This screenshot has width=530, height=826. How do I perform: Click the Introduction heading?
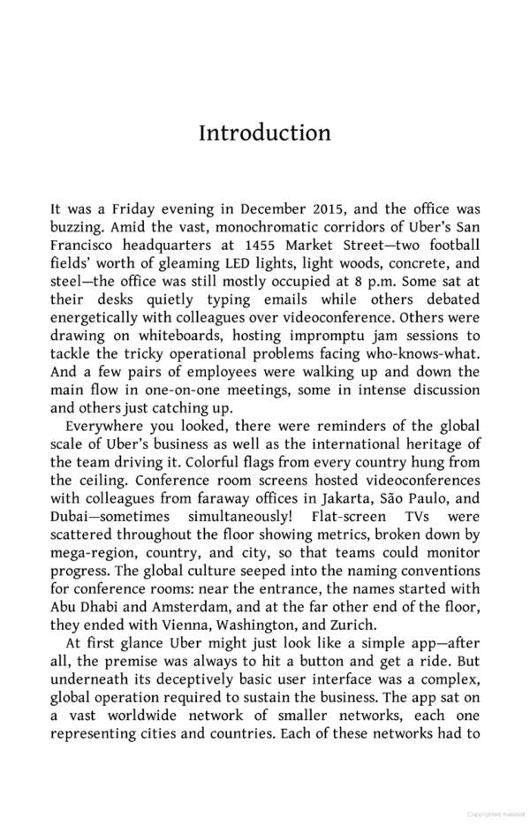click(x=264, y=133)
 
